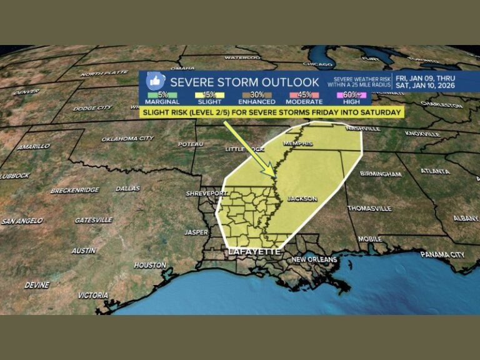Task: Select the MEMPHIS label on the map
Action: point(296,143)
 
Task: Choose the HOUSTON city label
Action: point(149,265)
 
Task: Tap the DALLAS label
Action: point(127,188)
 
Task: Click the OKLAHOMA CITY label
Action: point(127,138)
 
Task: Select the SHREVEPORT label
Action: point(203,194)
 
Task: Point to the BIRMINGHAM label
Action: point(381,174)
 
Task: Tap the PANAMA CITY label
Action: point(442,254)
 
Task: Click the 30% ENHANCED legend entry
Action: point(256,97)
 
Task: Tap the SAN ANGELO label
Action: point(22,221)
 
